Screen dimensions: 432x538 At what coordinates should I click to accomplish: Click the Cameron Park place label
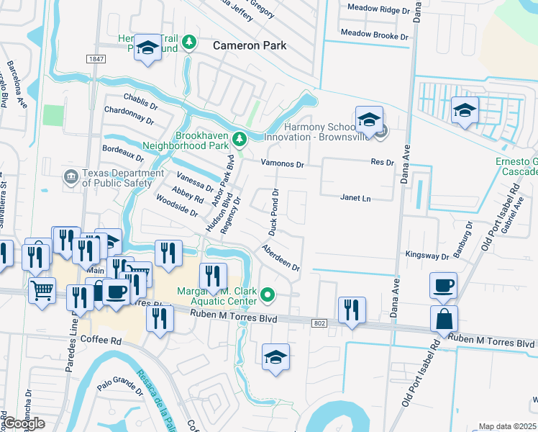(x=250, y=45)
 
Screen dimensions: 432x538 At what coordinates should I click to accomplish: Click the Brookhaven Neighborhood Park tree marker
(x=243, y=138)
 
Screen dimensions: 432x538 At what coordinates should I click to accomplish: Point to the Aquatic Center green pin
(x=268, y=293)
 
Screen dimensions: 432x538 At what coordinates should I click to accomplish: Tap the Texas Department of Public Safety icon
(x=70, y=176)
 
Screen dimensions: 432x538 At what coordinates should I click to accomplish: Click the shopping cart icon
(x=42, y=291)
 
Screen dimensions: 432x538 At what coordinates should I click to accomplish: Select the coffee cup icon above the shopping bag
(x=443, y=284)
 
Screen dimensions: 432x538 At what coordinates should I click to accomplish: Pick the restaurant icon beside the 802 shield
(x=351, y=310)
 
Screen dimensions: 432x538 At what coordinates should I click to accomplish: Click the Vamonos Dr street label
(x=282, y=164)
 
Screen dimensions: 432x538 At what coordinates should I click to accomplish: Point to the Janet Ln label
(x=355, y=198)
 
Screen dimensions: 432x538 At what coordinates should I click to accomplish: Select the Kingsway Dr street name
(x=427, y=256)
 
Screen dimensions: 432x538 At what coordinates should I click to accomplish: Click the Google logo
(x=23, y=423)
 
